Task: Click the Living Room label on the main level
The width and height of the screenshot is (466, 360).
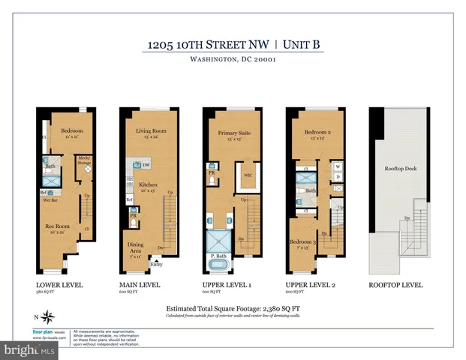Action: coord(151,131)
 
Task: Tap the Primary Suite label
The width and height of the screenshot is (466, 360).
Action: coord(233,133)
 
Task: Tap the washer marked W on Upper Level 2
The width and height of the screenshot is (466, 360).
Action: coord(338,166)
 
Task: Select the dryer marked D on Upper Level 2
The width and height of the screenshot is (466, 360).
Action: coord(338,177)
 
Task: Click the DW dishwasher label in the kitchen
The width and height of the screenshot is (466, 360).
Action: coord(146,164)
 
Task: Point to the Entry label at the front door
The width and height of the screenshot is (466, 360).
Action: coord(156,264)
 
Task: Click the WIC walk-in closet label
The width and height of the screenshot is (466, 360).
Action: coord(247,176)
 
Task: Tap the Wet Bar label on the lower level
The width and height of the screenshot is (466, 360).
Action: coord(50,201)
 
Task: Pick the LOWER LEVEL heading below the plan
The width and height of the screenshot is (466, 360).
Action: coord(59,285)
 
